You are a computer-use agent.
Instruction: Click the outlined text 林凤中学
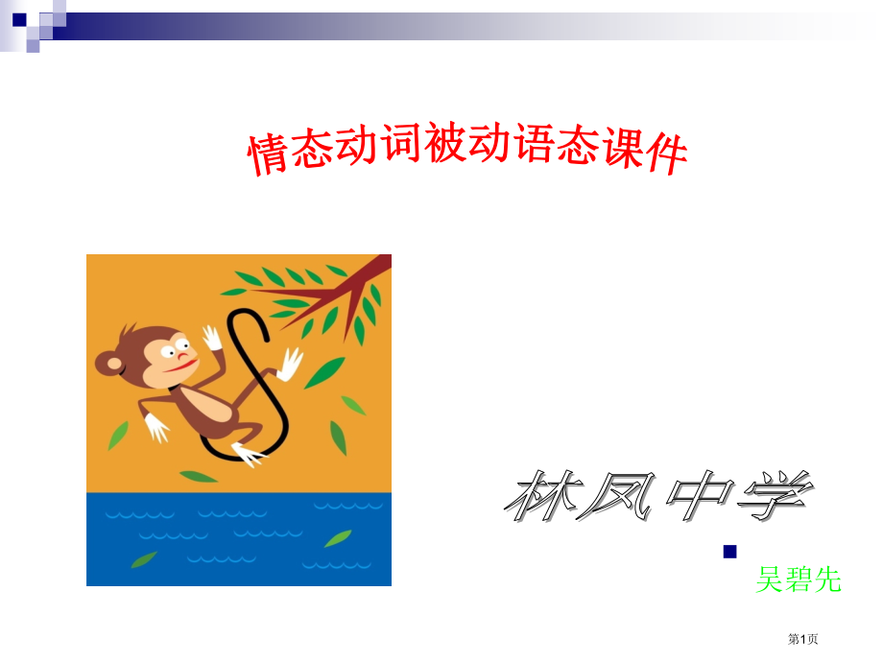click(x=659, y=497)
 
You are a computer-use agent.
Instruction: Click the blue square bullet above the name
click(x=729, y=552)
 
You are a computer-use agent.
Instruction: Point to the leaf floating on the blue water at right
click(x=337, y=538)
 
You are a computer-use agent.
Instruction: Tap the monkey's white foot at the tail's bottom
click(x=248, y=454)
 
